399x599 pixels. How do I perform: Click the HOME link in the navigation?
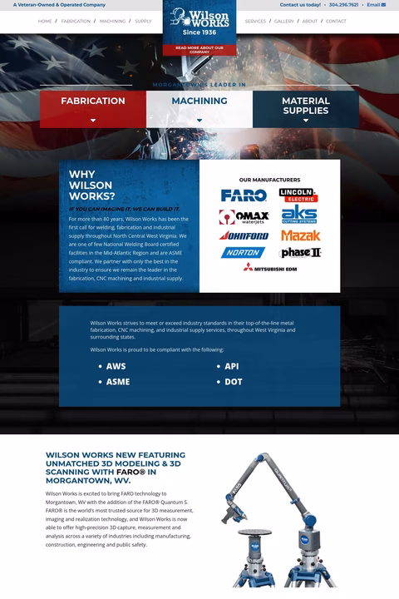(45, 21)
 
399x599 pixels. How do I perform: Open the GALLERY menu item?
(283, 21)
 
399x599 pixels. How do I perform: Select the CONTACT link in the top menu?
(336, 21)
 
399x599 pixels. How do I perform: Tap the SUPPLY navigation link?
(143, 21)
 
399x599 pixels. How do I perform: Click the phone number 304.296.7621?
(343, 5)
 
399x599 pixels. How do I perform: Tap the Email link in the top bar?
(376, 5)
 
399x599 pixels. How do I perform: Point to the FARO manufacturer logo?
(244, 196)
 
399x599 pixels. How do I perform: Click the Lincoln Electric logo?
(298, 196)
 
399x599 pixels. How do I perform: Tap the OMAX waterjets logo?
(244, 216)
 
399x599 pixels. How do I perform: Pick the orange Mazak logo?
(300, 235)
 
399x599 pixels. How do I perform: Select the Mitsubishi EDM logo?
(270, 267)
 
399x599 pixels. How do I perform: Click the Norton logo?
(243, 253)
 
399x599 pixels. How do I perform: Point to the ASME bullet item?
(118, 382)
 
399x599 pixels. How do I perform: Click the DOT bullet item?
(233, 382)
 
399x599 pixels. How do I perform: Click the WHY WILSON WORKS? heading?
(91, 186)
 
